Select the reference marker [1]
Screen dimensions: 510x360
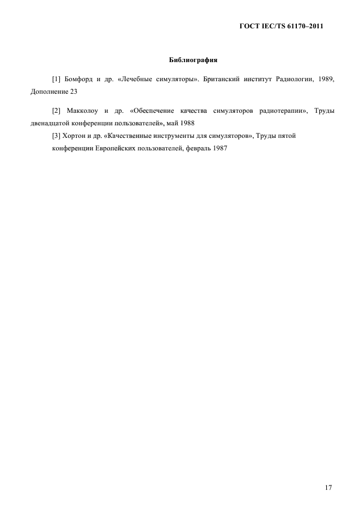[x=56, y=80]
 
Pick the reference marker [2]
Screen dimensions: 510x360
[x=56, y=111]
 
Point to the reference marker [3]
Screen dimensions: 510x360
[x=56, y=136]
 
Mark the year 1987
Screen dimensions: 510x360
[x=219, y=148]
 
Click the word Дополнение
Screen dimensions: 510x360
[x=50, y=92]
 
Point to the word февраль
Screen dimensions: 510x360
[x=194, y=148]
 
